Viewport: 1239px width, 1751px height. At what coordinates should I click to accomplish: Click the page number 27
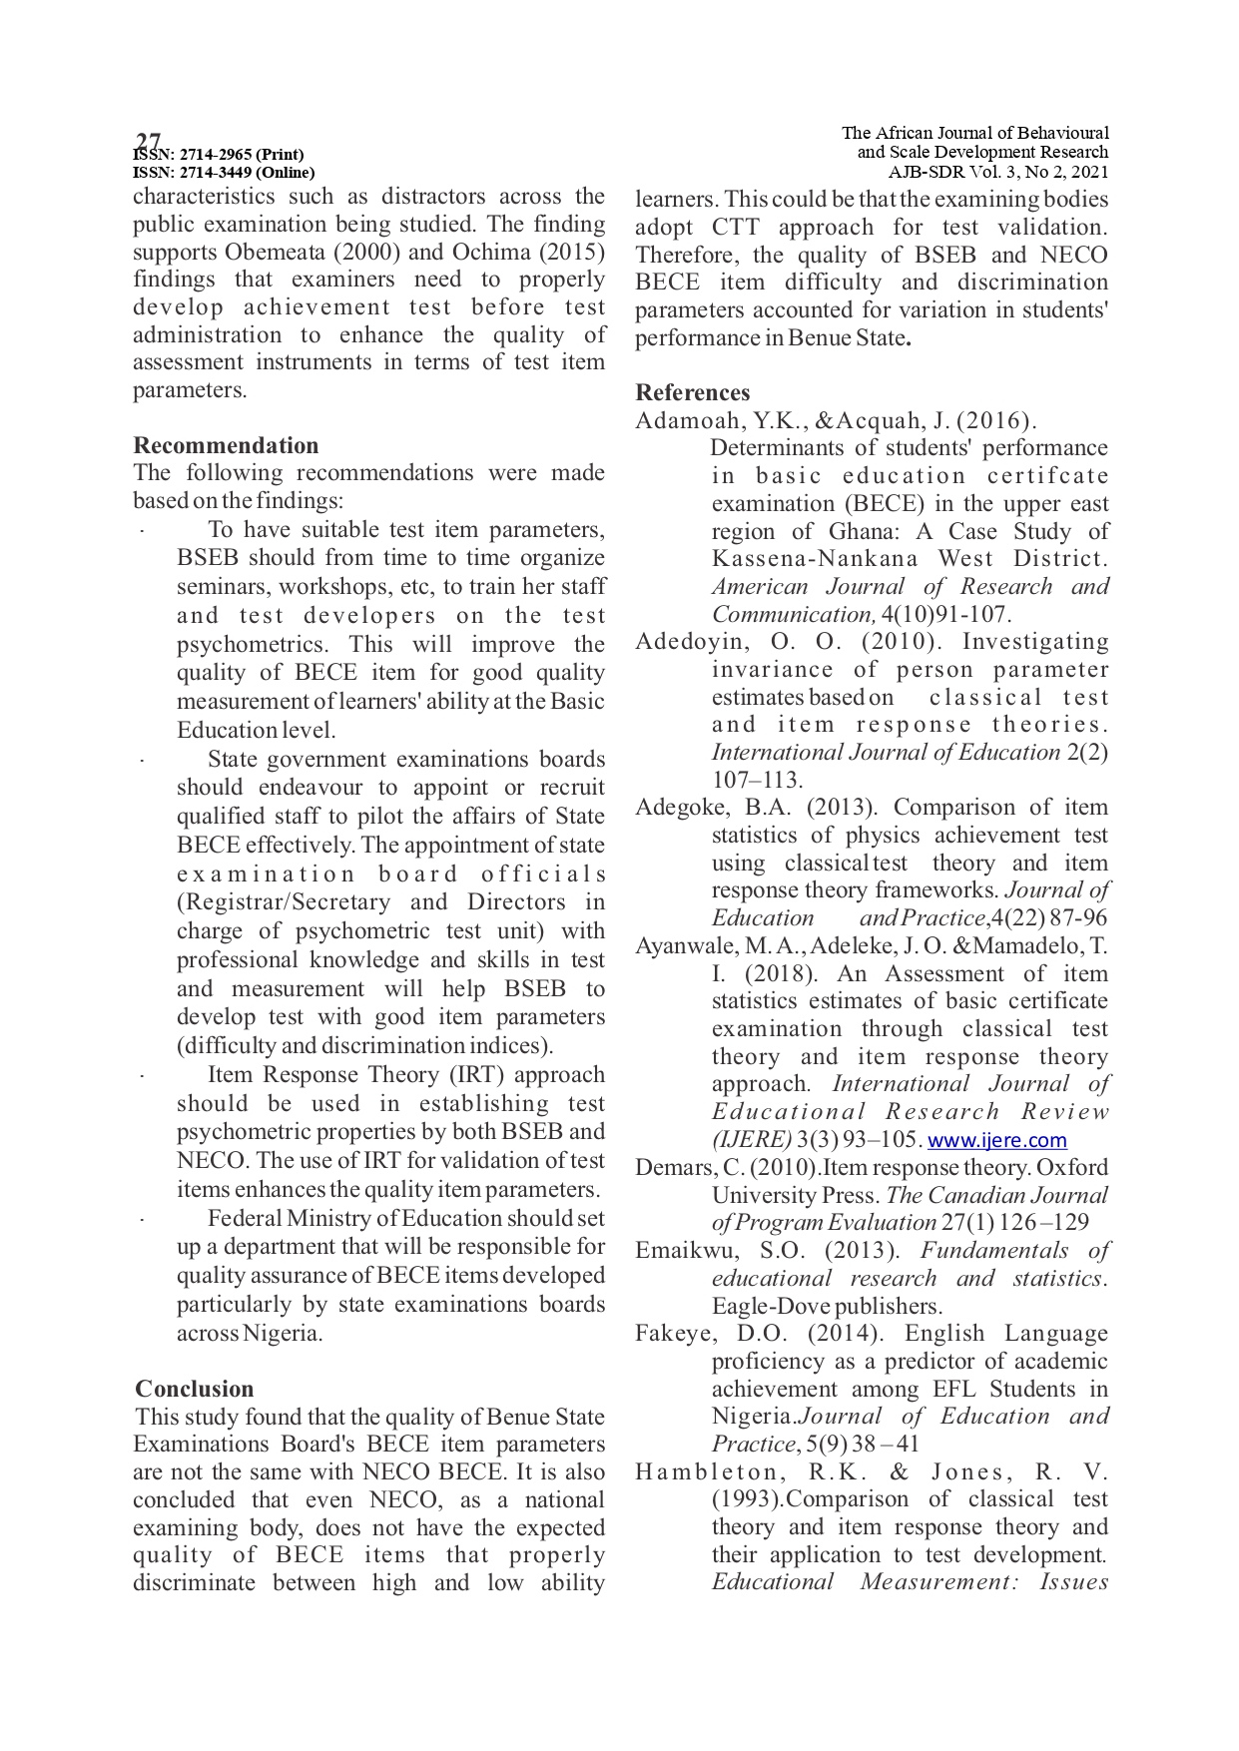(148, 140)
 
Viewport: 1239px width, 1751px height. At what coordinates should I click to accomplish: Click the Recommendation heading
(226, 445)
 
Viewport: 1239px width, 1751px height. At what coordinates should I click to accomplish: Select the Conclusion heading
(195, 1389)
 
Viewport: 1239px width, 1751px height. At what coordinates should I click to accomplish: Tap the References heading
(692, 392)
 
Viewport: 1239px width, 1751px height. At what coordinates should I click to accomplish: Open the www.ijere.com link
(996, 1140)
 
